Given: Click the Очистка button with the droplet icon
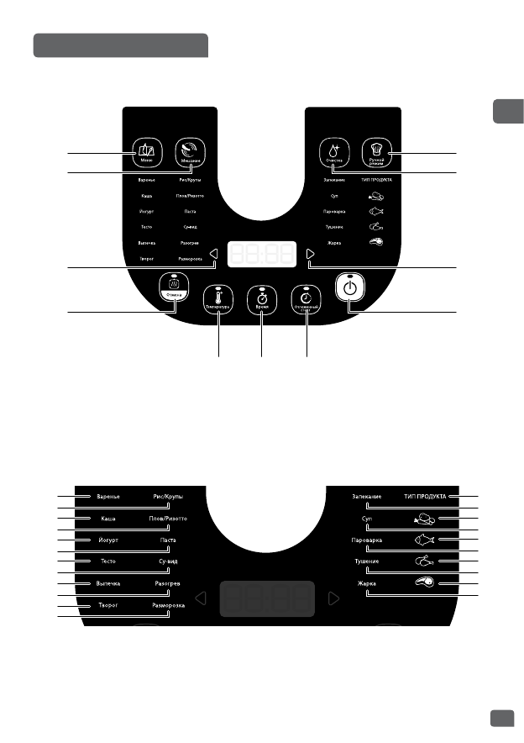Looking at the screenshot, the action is click(x=333, y=152).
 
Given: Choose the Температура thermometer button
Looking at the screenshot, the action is click(x=219, y=298).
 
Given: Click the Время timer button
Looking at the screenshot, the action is click(x=263, y=298).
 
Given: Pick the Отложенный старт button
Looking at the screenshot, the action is click(x=307, y=298).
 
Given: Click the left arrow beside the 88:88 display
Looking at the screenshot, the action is click(x=214, y=256).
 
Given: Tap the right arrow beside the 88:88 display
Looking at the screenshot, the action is click(x=311, y=256).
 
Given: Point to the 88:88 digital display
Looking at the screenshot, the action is click(x=262, y=255).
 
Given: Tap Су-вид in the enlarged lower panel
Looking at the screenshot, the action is click(x=168, y=561).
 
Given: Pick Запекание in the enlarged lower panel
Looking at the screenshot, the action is click(x=367, y=497).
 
